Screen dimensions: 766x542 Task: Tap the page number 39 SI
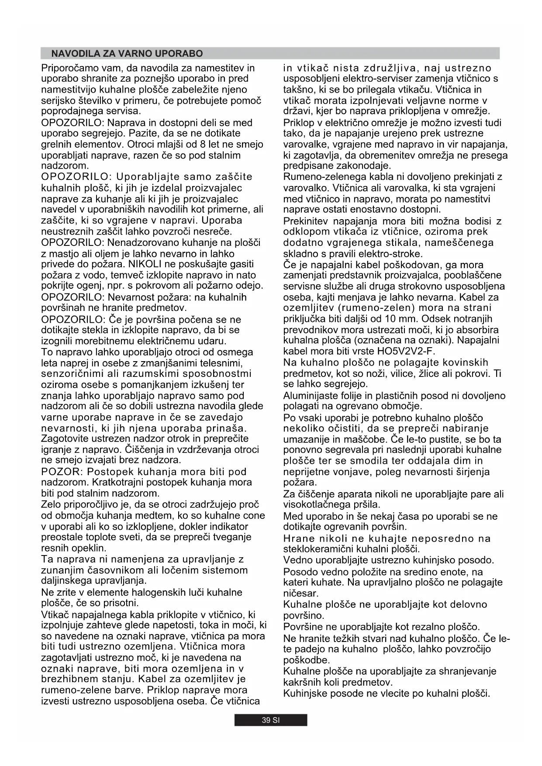[270, 720]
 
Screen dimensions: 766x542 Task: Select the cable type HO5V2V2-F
[406, 351]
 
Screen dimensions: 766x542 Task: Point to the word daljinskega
[67, 581]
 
